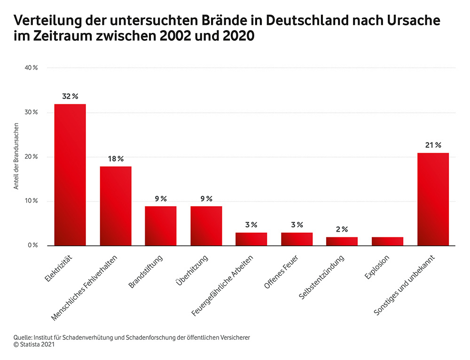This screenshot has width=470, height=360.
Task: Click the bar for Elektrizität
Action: click(70, 175)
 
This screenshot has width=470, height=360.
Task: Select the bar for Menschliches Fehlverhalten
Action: click(115, 206)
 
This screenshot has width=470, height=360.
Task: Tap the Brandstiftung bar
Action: click(160, 226)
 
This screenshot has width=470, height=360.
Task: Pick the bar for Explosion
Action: click(387, 241)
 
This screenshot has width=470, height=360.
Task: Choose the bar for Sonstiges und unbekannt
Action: click(433, 199)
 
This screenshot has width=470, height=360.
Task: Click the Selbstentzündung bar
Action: click(342, 241)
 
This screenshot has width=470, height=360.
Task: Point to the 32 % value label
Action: click(70, 96)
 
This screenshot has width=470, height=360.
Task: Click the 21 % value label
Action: click(433, 145)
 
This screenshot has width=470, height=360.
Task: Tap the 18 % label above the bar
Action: click(115, 159)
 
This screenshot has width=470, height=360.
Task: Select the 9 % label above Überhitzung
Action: click(206, 199)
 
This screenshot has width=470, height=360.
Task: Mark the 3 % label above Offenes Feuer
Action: click(297, 225)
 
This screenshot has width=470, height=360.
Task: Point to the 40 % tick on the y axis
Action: click(31, 68)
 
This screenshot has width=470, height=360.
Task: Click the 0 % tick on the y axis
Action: click(33, 246)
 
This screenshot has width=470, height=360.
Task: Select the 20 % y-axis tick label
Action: click(31, 157)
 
